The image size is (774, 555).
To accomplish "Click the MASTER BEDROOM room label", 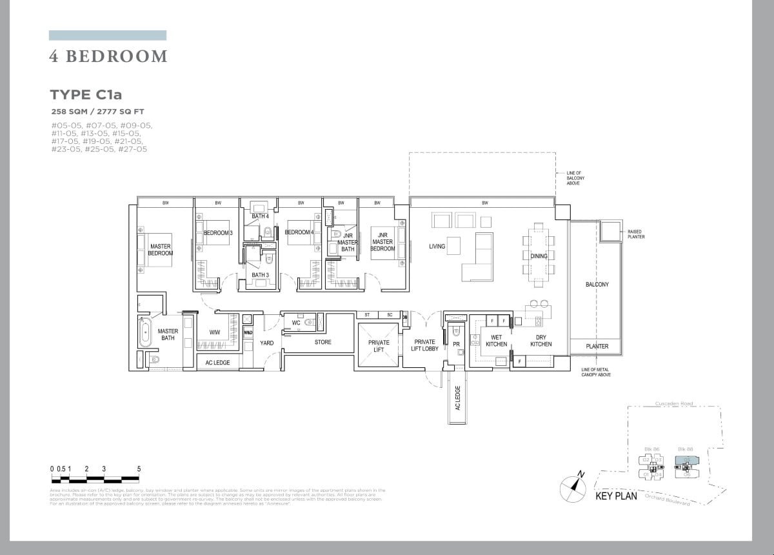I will [x=161, y=250].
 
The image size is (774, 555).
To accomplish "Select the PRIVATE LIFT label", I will [x=379, y=346].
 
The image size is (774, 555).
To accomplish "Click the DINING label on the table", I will [x=539, y=256].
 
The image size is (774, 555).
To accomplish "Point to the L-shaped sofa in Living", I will [x=477, y=261].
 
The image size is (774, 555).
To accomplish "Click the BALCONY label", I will [x=597, y=285].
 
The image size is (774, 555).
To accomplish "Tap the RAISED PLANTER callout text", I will [x=635, y=234].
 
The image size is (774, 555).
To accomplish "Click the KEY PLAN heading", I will [x=615, y=496].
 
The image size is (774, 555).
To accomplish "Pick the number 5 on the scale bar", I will [x=139, y=469].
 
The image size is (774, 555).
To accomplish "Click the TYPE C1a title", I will [x=86, y=95].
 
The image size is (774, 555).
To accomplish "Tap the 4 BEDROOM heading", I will [x=108, y=57].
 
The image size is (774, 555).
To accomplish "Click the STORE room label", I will [x=323, y=342].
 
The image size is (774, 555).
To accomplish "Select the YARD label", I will [x=267, y=343].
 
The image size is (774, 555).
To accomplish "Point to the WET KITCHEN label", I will [x=496, y=341].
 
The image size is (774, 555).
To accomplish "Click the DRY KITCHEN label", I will [x=541, y=341].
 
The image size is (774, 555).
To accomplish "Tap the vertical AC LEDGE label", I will [x=457, y=398].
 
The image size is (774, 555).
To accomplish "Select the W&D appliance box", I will [x=248, y=332].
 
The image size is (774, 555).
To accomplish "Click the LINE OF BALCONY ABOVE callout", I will [x=573, y=178].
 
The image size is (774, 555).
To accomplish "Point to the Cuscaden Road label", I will [x=674, y=404].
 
